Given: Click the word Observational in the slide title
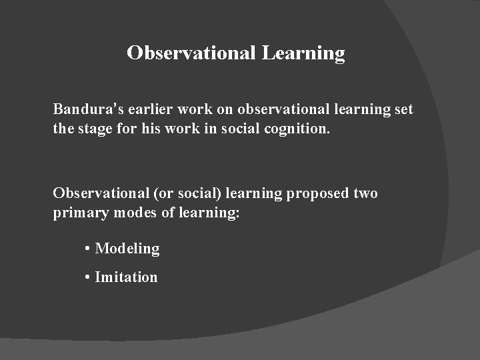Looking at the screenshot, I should (x=191, y=53).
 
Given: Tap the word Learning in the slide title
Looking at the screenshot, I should (x=303, y=53).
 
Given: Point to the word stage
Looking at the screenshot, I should (x=97, y=127).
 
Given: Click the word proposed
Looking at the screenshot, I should (x=315, y=193).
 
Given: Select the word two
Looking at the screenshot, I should (x=365, y=193).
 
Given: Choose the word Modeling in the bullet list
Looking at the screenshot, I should (x=127, y=249).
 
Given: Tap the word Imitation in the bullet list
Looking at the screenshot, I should (x=126, y=277).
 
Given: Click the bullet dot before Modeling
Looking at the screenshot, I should (x=88, y=249).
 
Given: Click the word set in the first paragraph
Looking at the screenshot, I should (x=403, y=109).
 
